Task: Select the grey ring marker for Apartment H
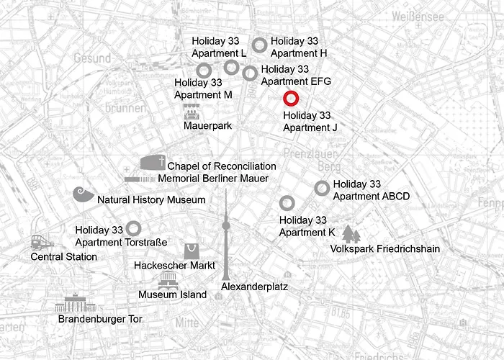pyautogui.click(x=260, y=45)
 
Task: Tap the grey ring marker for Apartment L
pyautogui.click(x=231, y=68)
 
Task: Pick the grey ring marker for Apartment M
pyautogui.click(x=204, y=70)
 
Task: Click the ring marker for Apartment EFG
pyautogui.click(x=250, y=73)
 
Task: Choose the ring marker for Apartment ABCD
pyautogui.click(x=322, y=188)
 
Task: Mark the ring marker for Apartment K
pyautogui.click(x=287, y=203)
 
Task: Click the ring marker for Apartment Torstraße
pyautogui.click(x=133, y=228)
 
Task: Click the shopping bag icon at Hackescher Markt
pyautogui.click(x=192, y=251)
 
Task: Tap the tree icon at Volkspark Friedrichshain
pyautogui.click(x=351, y=235)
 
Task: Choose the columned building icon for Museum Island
pyautogui.click(x=168, y=280)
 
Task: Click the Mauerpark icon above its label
pyautogui.click(x=192, y=112)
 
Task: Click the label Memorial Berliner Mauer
pyautogui.click(x=213, y=179)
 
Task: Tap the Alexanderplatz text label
pyautogui.click(x=254, y=287)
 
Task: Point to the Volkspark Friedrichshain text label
pyautogui.click(x=384, y=249)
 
